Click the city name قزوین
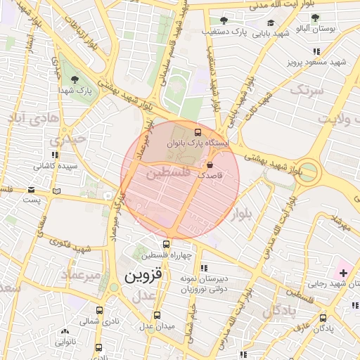click(143, 276)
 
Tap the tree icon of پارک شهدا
click(75, 79)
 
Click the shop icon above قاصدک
click(209, 165)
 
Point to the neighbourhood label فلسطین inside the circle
click(168, 172)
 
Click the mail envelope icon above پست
click(30, 190)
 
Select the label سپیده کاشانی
click(47, 167)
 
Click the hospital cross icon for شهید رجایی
click(343, 271)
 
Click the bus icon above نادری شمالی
click(98, 309)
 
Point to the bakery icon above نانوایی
click(65, 331)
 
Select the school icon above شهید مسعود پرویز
click(317, 51)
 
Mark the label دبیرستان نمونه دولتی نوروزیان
click(203, 278)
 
